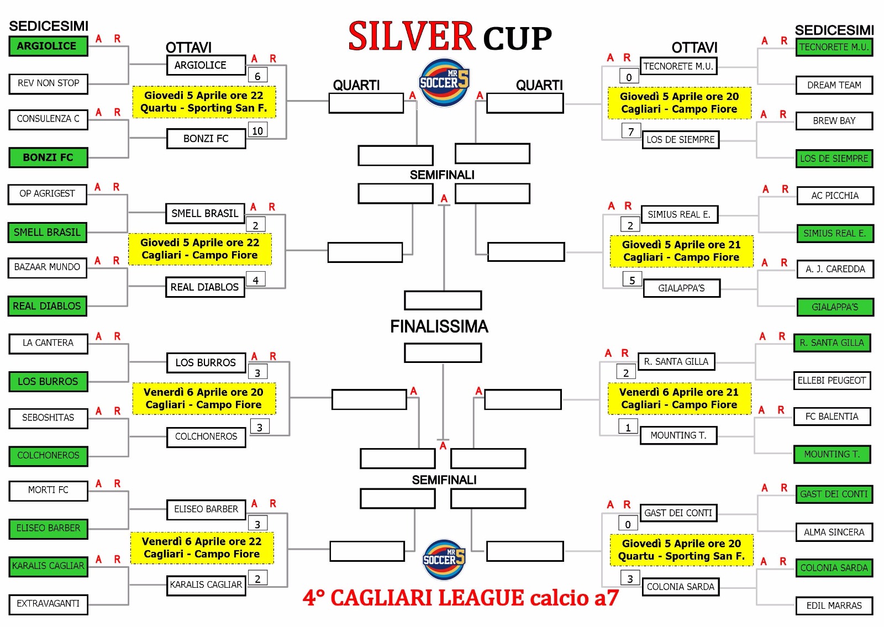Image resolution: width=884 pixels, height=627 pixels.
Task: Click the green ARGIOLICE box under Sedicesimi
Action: click(x=48, y=46)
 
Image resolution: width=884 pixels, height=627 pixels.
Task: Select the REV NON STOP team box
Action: click(x=48, y=83)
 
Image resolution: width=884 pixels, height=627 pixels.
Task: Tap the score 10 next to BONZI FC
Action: click(x=257, y=130)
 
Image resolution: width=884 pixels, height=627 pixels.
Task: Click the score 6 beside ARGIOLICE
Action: click(x=257, y=75)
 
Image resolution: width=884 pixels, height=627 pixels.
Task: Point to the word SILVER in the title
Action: click(x=411, y=36)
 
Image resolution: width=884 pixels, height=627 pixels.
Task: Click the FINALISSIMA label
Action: click(x=439, y=326)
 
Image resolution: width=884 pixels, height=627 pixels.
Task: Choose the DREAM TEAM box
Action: click(x=834, y=85)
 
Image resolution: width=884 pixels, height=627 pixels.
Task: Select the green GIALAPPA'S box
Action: click(x=835, y=307)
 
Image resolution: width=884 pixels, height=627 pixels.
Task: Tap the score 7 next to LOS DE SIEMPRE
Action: click(x=630, y=131)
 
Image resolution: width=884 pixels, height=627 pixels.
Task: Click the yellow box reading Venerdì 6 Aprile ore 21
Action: click(x=679, y=398)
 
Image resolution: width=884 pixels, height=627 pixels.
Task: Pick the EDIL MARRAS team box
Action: click(x=834, y=605)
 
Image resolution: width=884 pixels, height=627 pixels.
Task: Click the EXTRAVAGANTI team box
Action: click(x=48, y=604)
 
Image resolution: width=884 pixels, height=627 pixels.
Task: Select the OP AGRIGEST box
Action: click(x=47, y=194)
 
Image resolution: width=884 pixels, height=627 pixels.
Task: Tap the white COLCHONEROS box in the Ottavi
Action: click(x=206, y=437)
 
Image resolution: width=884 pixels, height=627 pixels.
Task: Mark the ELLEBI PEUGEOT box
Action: click(x=832, y=381)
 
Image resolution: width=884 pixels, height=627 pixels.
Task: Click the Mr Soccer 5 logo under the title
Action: click(x=444, y=82)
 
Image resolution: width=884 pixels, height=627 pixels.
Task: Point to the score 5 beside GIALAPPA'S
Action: click(x=632, y=280)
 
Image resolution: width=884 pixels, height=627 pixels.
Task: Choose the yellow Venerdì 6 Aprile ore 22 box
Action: click(x=202, y=547)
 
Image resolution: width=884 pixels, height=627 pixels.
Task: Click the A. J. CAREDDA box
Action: click(x=835, y=270)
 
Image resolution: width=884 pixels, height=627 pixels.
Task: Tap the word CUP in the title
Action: click(x=517, y=39)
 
